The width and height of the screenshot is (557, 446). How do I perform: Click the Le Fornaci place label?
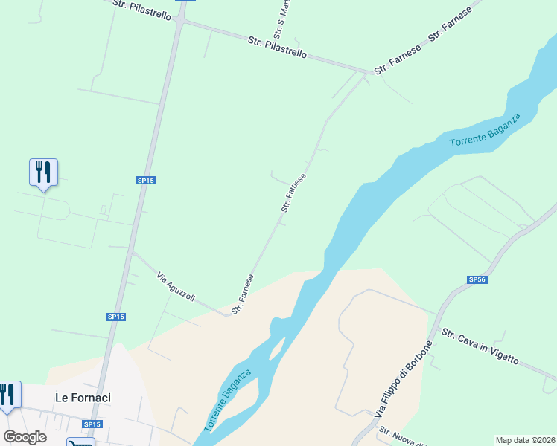(x=83, y=398)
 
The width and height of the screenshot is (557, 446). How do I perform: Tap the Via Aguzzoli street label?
(x=176, y=287)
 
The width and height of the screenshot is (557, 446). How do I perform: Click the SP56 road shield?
(x=477, y=279)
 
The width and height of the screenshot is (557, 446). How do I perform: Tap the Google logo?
(x=25, y=437)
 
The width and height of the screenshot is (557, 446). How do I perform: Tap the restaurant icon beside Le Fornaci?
(x=7, y=394)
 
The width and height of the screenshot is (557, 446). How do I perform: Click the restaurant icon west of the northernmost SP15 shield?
(x=43, y=172)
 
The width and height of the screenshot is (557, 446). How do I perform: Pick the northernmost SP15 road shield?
(x=145, y=181)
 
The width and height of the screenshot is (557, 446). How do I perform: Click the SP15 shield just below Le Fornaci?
(x=91, y=424)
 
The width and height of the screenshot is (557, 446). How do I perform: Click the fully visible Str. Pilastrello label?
(x=277, y=49)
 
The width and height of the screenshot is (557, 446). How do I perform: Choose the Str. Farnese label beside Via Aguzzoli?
(x=243, y=294)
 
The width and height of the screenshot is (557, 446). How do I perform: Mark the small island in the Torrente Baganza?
(x=276, y=346)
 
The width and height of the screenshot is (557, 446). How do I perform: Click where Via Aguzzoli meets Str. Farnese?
(x=227, y=314)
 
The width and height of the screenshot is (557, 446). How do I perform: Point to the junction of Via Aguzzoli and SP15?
(x=131, y=253)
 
